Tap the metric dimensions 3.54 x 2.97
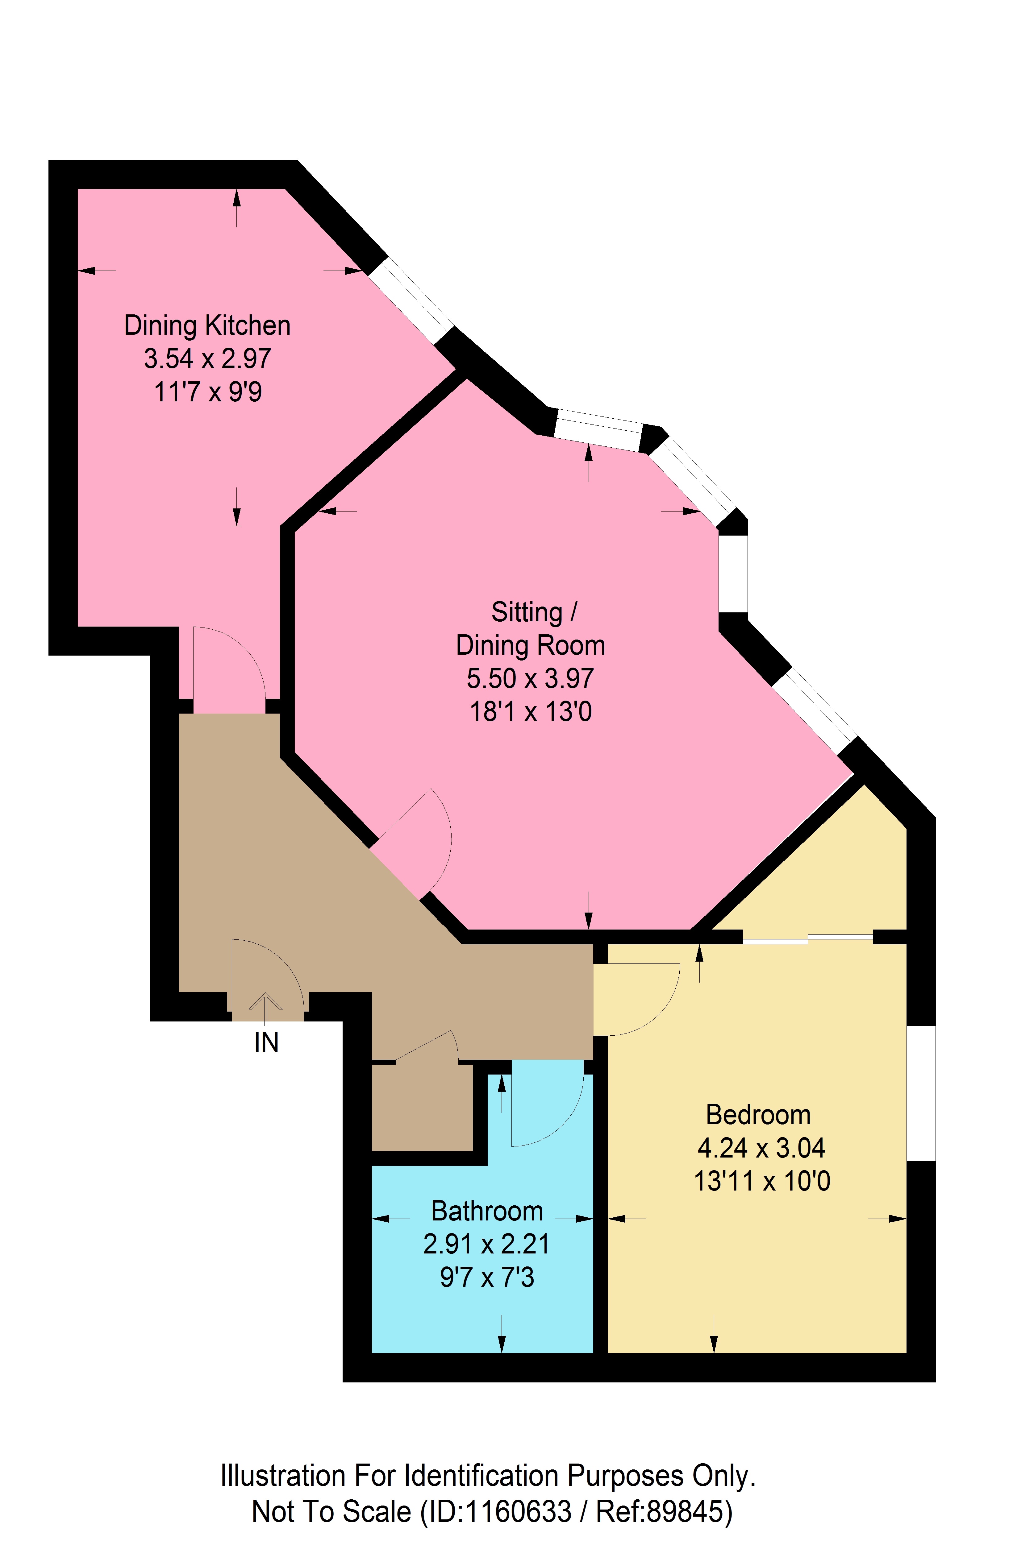pos(207,359)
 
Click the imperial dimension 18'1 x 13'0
pos(531,712)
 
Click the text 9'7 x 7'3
pos(487,1278)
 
